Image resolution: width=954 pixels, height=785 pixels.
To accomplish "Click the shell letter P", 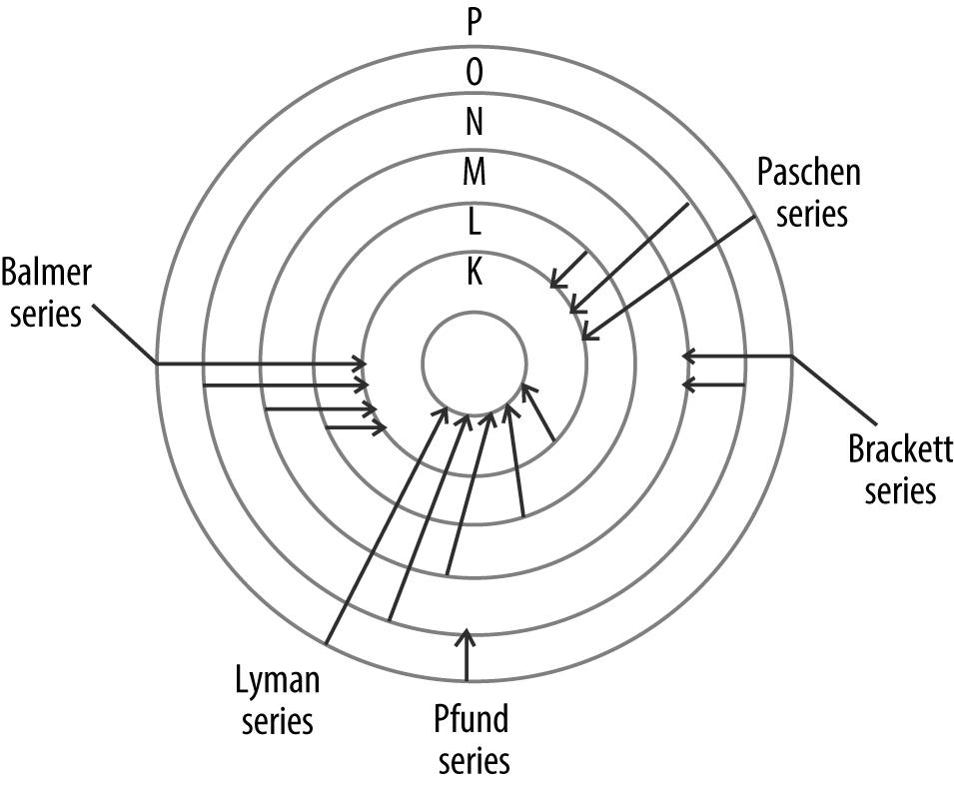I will [475, 22].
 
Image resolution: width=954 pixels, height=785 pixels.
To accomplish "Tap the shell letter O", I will [475, 71].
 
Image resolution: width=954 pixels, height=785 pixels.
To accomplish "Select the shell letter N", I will [475, 122].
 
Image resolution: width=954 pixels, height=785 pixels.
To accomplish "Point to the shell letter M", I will [475, 173].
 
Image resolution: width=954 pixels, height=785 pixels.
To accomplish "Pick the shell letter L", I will [475, 223].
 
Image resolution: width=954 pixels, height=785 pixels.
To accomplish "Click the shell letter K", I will [475, 273].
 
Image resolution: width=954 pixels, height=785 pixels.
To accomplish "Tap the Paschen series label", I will [808, 193].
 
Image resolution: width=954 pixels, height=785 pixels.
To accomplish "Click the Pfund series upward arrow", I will [466, 654].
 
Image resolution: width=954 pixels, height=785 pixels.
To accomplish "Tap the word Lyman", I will [277, 681].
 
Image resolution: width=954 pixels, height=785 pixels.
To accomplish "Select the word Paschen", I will [808, 172].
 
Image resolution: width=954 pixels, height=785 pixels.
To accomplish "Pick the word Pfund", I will [473, 718].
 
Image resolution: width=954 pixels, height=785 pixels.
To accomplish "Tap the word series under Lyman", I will [277, 720].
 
